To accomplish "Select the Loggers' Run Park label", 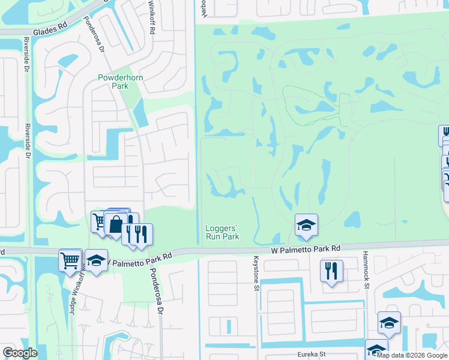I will coord(222,232).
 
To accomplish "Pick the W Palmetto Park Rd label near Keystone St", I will coord(306,248).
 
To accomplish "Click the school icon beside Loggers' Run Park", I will coord(306,225).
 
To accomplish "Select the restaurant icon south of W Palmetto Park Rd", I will coord(331,271).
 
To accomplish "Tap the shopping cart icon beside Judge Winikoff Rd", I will coord(70,260).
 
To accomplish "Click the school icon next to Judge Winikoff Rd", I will coord(96,260).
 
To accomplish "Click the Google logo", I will coord(20,353).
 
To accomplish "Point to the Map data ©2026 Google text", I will coord(412,355).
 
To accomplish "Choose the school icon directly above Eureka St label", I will coord(389,323).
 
